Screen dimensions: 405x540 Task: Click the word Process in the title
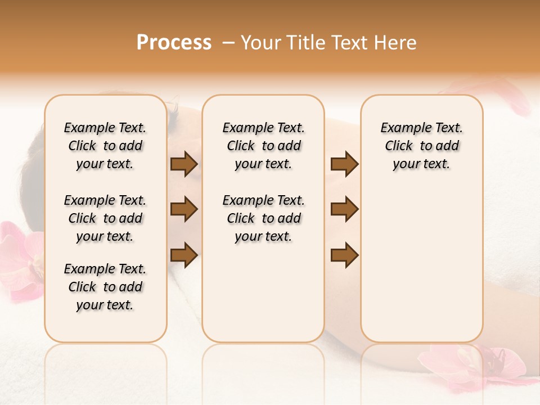pos(174,43)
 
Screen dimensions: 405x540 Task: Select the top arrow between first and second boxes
pos(184,164)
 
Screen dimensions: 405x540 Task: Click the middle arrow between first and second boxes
pos(184,209)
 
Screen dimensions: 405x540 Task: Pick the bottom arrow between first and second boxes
pos(184,255)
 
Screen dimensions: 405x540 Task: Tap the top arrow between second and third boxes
pos(344,164)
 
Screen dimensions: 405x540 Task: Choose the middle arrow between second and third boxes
pos(344,209)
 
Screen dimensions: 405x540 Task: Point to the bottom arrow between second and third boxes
pos(344,255)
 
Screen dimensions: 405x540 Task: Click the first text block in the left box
pos(105,146)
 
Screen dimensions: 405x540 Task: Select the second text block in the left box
pos(105,218)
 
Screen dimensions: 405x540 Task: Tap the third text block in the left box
pos(105,287)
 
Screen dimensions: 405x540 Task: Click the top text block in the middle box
pos(263,146)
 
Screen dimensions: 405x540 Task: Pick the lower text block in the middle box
pos(263,218)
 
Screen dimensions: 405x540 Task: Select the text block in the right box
pos(421,146)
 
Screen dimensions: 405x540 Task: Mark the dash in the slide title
pos(228,43)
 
